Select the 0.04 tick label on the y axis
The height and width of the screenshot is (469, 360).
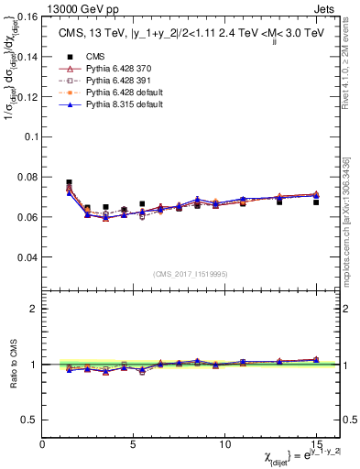pyautogui.click(x=27, y=257)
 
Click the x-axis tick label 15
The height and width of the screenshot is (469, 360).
pyautogui.click(x=316, y=442)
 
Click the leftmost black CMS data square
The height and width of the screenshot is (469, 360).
pyautogui.click(x=70, y=182)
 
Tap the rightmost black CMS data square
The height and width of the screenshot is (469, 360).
pyautogui.click(x=316, y=202)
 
